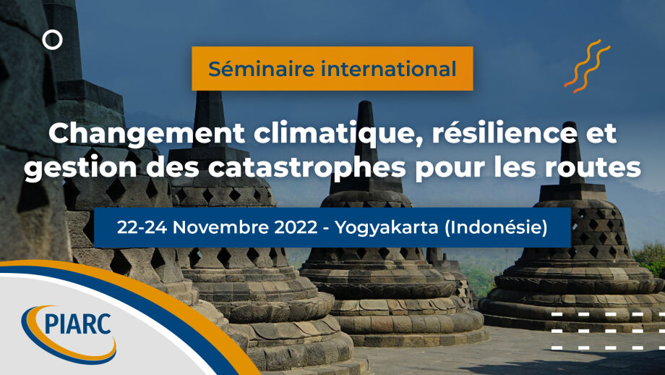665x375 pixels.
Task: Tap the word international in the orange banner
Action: [389, 69]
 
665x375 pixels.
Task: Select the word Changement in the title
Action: [147, 134]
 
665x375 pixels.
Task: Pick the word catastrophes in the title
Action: [306, 168]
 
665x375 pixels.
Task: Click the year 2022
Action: [296, 227]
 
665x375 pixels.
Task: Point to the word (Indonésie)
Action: [496, 228]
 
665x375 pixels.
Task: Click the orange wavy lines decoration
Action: [587, 67]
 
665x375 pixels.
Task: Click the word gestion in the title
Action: [80, 169]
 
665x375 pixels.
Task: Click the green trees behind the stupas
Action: [648, 257]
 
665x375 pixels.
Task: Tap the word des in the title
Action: [172, 167]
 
